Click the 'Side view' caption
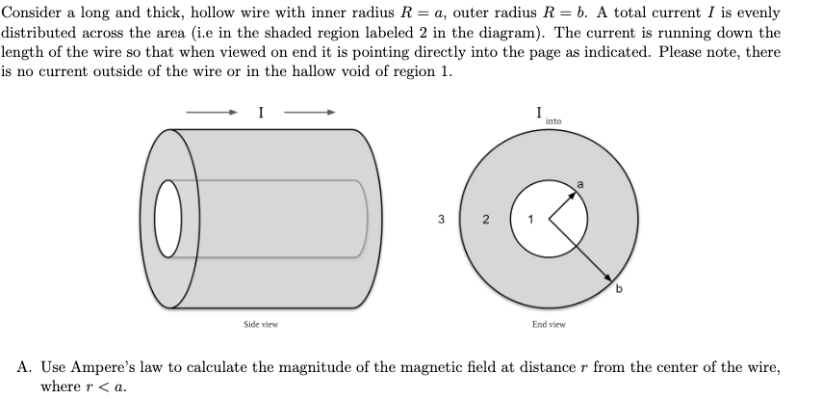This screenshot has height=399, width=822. click(260, 325)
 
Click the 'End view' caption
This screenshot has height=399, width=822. click(549, 325)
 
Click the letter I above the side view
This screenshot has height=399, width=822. click(261, 113)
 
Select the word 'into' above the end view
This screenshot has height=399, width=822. click(552, 121)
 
